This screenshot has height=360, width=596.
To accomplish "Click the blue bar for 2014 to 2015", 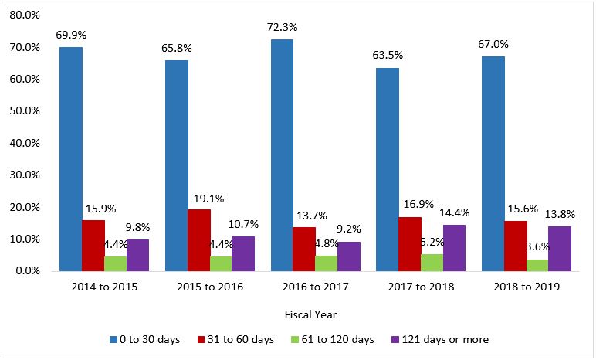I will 70,159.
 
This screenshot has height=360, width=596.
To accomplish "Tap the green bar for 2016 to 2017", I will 326,263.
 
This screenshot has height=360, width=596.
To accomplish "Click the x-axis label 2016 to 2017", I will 304,287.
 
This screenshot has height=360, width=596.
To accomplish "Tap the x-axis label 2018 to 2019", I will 515,287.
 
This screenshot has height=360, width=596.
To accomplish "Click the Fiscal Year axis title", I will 304,314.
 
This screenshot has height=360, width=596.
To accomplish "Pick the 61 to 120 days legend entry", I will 332,339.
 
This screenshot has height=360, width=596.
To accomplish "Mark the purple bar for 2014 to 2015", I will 137,256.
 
